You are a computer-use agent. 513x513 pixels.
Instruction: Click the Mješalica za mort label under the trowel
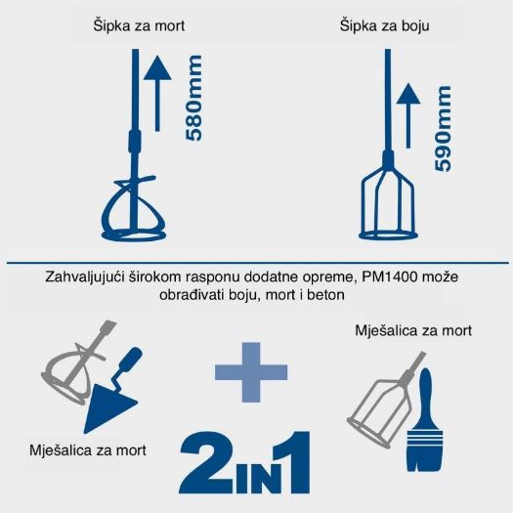89,450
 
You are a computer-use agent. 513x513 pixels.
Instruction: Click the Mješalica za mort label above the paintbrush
413,331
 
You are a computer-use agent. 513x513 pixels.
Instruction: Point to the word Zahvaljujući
87,278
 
